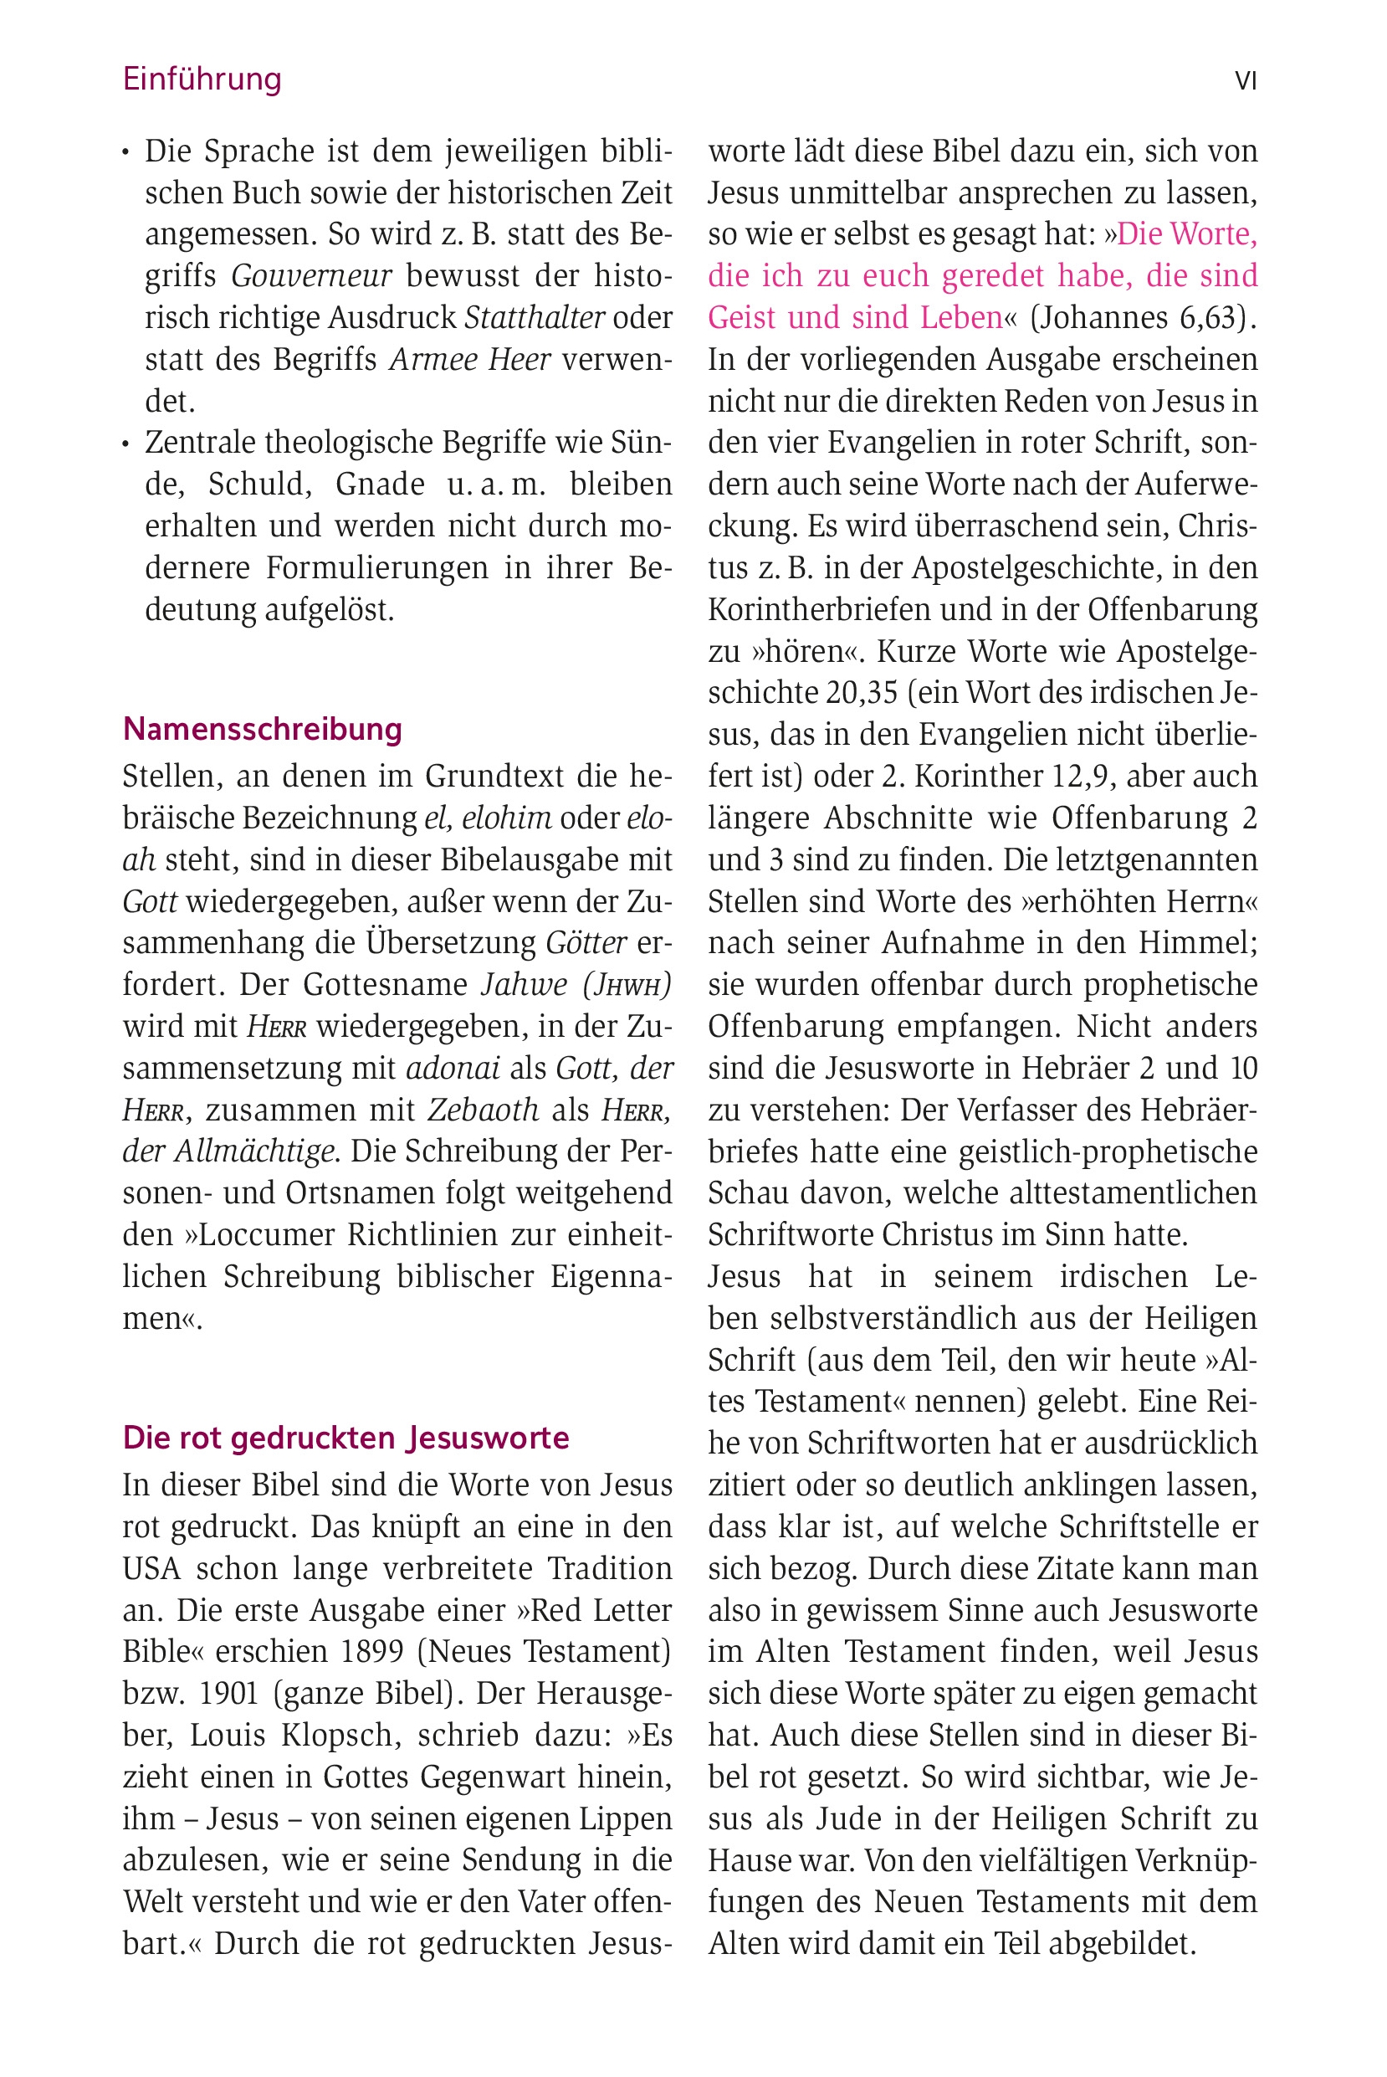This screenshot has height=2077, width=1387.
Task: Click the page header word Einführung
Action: click(202, 79)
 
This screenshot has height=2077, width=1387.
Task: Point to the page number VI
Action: click(1246, 81)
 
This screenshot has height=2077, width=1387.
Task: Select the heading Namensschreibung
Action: click(263, 729)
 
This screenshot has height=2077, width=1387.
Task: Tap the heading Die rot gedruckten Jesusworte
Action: click(345, 1439)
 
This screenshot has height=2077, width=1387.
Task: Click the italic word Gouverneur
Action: click(311, 276)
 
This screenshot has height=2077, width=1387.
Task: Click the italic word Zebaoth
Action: click(483, 1110)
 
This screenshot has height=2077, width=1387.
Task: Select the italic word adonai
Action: click(453, 1069)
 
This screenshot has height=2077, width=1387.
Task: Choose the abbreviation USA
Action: click(151, 1568)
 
